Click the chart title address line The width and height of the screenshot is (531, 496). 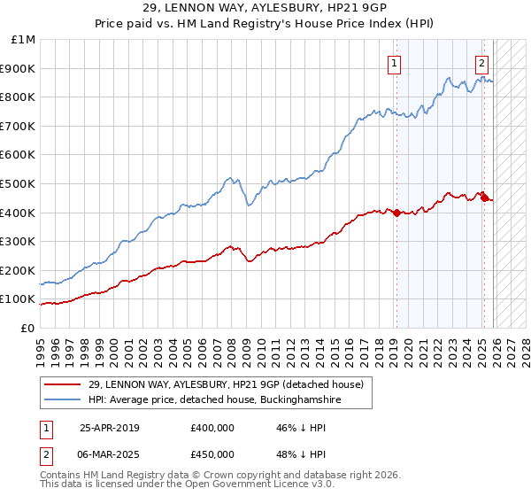click(x=265, y=7)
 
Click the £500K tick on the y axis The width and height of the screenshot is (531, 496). click(x=18, y=183)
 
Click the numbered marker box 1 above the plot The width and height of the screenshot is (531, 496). click(x=393, y=63)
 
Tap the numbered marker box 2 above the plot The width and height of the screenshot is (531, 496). click(x=481, y=63)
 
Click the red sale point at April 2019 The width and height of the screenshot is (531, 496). click(x=396, y=213)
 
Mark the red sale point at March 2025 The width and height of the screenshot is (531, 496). click(x=484, y=198)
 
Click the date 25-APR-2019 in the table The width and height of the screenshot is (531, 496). click(x=109, y=428)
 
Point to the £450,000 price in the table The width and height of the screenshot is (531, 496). click(x=212, y=454)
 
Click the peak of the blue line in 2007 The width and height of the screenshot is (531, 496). click(x=228, y=178)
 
